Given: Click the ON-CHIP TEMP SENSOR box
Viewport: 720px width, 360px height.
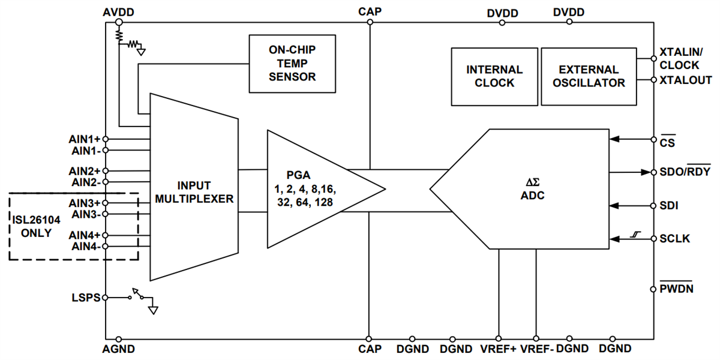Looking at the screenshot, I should (x=292, y=64).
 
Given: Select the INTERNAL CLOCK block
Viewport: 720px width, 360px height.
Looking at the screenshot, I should (x=494, y=76).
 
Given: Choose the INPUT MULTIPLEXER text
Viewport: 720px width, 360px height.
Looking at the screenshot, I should (x=194, y=192).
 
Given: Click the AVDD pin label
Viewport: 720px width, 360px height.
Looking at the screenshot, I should (x=118, y=11).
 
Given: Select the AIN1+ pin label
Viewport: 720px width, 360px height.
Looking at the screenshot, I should (x=84, y=139).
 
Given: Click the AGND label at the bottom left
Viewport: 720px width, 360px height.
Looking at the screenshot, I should (x=119, y=349).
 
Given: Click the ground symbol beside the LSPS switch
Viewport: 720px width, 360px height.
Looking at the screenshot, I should (x=153, y=310).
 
